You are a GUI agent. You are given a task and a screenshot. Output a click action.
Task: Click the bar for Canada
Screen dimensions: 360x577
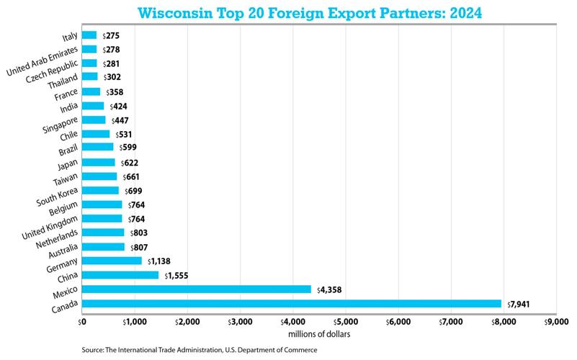pos(292,303)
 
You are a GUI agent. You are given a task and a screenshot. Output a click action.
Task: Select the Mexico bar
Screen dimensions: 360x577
pos(197,289)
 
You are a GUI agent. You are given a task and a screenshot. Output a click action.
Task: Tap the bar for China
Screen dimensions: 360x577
pos(120,275)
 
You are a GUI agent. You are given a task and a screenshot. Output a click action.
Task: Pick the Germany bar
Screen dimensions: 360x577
pos(112,261)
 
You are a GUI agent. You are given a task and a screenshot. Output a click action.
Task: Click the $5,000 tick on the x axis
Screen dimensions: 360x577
pos(345,321)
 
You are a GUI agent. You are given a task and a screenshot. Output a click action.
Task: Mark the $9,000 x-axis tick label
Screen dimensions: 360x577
pos(555,321)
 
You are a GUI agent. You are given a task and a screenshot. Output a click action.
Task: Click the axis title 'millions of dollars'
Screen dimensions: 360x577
pos(318,333)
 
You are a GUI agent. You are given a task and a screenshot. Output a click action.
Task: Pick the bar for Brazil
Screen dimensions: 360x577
pos(98,147)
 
